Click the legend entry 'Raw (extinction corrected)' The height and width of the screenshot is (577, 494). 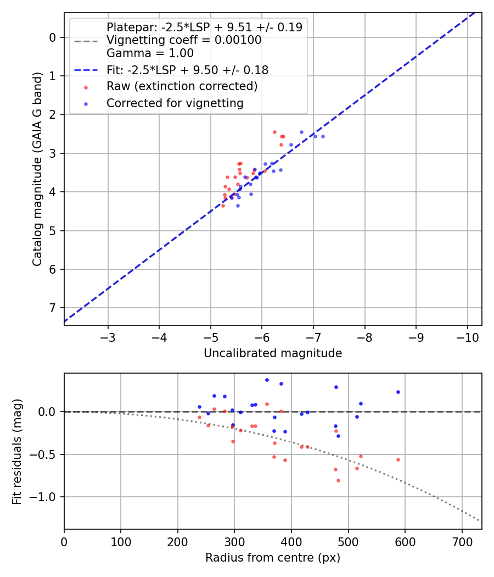182,86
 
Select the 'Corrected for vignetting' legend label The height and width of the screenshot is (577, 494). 175,103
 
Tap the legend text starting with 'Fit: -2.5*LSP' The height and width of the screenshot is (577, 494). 187,70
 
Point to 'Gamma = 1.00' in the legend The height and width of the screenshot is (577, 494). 150,53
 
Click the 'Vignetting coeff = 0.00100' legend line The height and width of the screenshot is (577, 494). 184,40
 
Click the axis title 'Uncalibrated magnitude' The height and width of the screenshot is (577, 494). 273,353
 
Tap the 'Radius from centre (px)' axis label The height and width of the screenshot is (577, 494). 273,558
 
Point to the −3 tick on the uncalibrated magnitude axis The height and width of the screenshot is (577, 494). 108,336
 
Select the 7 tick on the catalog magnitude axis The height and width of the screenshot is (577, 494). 53,308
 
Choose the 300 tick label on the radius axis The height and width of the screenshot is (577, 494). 234,541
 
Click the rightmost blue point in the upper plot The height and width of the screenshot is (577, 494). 323,136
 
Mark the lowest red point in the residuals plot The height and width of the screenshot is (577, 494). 338,480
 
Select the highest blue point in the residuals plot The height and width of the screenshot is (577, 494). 267,380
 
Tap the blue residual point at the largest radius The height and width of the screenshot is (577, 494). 398,392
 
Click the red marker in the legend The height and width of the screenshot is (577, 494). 86,87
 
